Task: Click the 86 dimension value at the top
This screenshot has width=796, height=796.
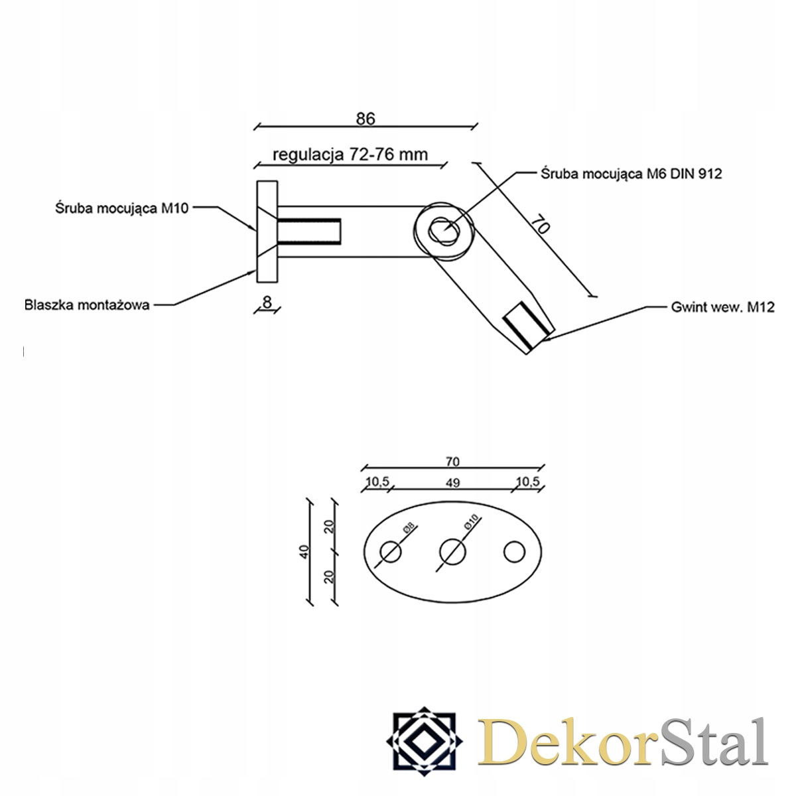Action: pyautogui.click(x=365, y=119)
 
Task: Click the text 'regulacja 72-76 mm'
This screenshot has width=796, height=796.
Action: pyautogui.click(x=350, y=155)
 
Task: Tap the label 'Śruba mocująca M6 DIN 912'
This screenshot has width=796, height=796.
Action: pyautogui.click(x=631, y=174)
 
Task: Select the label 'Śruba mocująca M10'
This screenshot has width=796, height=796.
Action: pyautogui.click(x=122, y=208)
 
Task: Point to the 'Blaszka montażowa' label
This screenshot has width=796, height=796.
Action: pyautogui.click(x=87, y=305)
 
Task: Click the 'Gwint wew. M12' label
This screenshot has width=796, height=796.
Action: pyautogui.click(x=722, y=307)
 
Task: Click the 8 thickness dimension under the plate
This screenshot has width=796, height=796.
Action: pyautogui.click(x=267, y=302)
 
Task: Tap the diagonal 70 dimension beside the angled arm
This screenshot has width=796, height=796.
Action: pyautogui.click(x=541, y=224)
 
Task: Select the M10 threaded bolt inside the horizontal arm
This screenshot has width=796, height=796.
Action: pyautogui.click(x=309, y=232)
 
